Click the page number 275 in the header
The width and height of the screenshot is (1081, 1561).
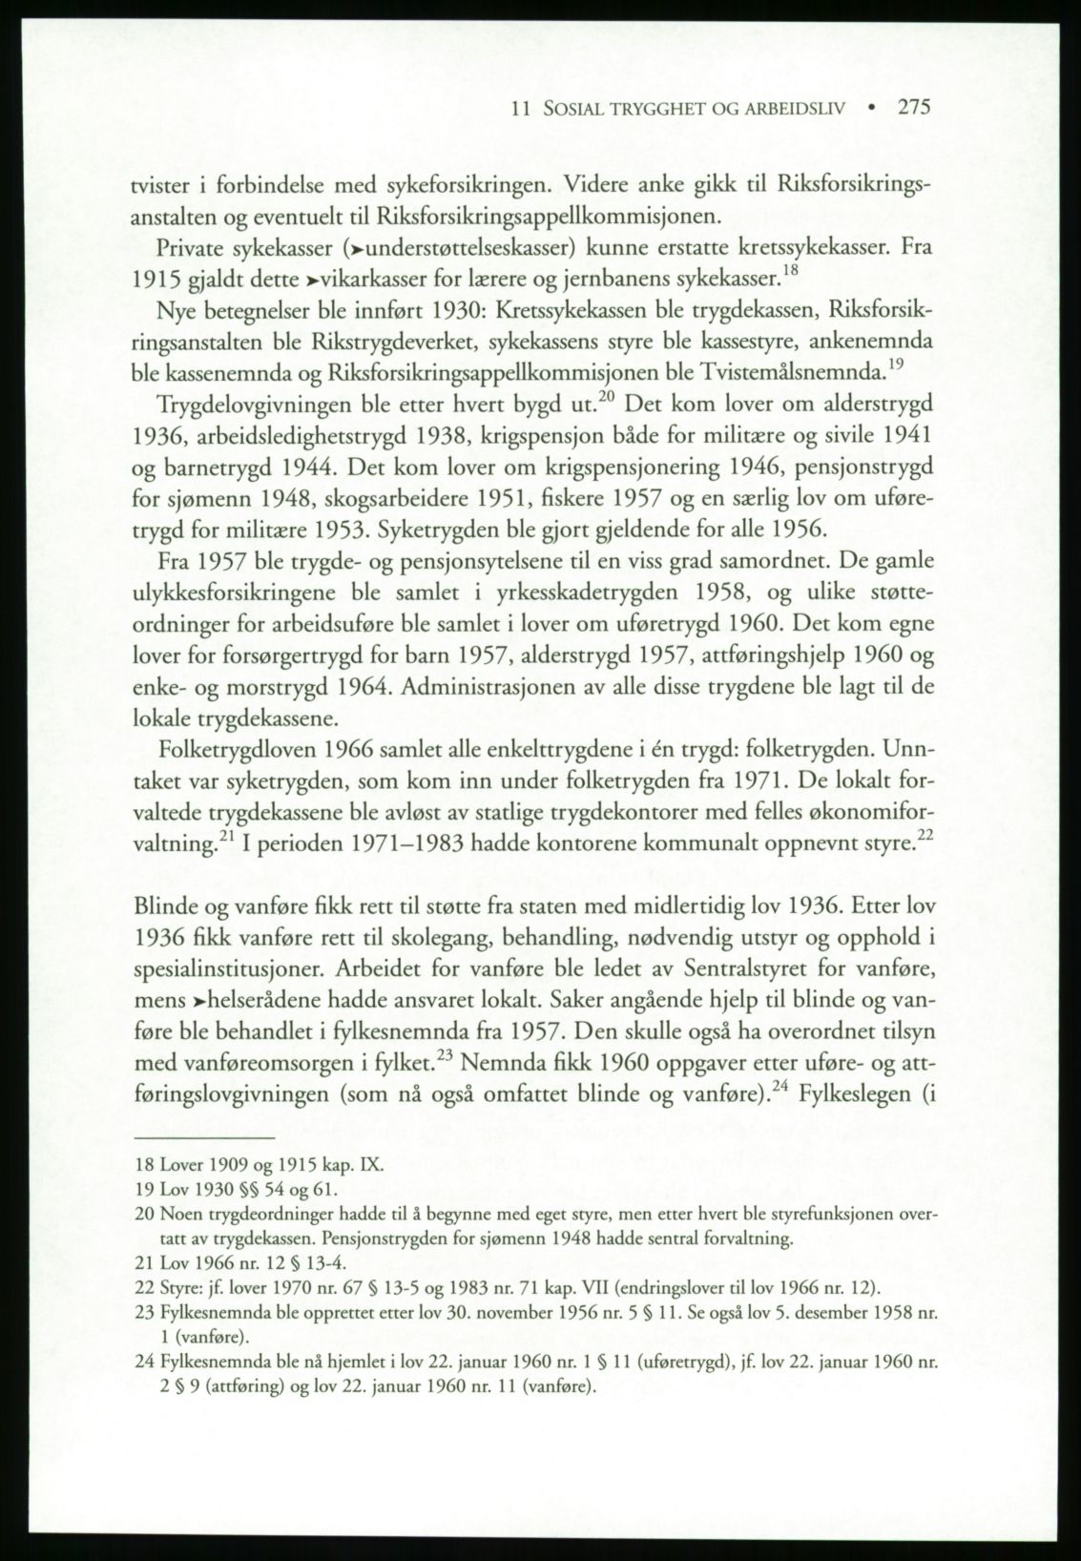(913, 108)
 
